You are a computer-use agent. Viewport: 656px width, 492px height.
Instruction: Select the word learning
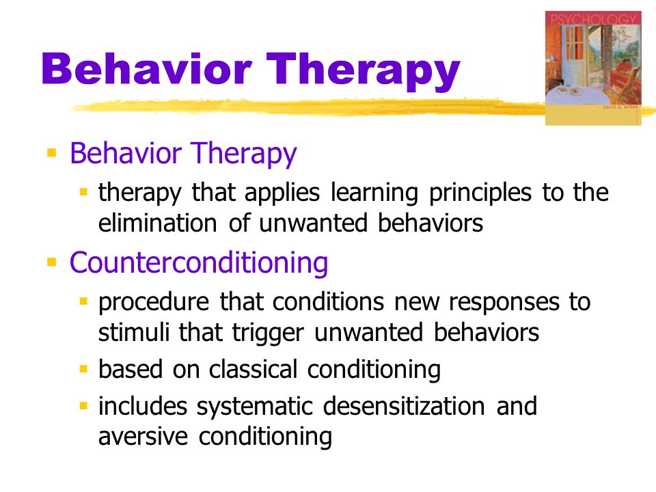[x=374, y=193]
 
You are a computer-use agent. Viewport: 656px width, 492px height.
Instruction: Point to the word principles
[x=480, y=193]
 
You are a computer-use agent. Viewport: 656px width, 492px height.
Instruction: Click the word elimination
[x=158, y=223]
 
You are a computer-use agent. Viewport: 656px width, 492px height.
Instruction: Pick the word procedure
[x=154, y=303]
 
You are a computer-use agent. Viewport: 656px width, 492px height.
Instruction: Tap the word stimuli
[x=133, y=332]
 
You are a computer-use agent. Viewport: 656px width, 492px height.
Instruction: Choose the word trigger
[x=268, y=333]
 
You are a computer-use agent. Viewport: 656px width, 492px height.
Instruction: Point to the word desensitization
[x=404, y=406]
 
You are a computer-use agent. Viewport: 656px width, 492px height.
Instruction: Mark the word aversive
[x=143, y=437]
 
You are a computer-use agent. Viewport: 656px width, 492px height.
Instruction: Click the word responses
[x=504, y=303]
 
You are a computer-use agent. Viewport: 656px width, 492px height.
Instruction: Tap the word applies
[x=282, y=193]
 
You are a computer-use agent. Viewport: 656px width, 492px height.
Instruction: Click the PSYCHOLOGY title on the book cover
[x=593, y=19]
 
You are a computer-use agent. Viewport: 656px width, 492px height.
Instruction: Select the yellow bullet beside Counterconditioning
[x=51, y=262]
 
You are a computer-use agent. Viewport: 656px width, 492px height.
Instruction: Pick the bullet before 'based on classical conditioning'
[x=83, y=369]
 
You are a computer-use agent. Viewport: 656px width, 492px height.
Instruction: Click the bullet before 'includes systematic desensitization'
[x=83, y=405]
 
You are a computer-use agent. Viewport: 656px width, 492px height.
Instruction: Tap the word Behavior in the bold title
[x=146, y=68]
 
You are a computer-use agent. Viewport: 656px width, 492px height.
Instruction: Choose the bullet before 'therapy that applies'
[x=83, y=192]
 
